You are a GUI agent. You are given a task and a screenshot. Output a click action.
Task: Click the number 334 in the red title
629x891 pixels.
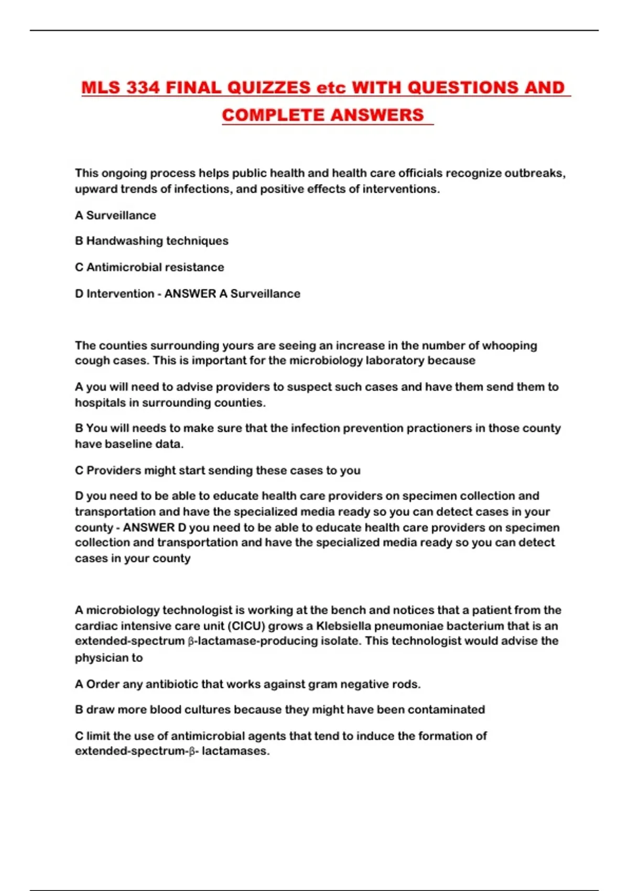(x=143, y=88)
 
